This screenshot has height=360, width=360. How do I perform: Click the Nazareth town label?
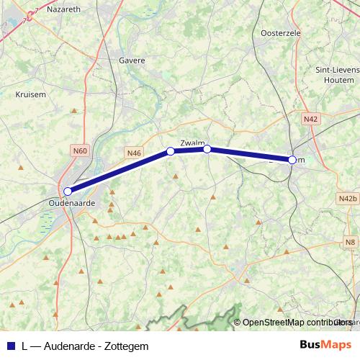click(x=63, y=9)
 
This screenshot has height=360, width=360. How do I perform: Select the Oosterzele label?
click(x=279, y=33)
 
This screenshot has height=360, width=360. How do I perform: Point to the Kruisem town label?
click(x=31, y=94)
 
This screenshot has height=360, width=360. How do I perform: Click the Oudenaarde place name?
click(x=71, y=203)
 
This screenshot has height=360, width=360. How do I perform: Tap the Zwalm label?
click(x=192, y=141)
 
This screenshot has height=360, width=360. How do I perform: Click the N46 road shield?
click(x=133, y=153)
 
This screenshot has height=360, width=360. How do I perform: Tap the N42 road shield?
click(x=311, y=119)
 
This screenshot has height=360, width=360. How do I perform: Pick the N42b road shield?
click(x=347, y=198)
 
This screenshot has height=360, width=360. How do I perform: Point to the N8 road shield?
click(x=350, y=242)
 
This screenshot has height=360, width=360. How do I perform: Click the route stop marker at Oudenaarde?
click(x=68, y=192)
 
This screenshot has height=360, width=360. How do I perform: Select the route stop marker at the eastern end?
click(x=292, y=160)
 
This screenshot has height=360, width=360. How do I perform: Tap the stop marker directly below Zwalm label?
click(x=207, y=149)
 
